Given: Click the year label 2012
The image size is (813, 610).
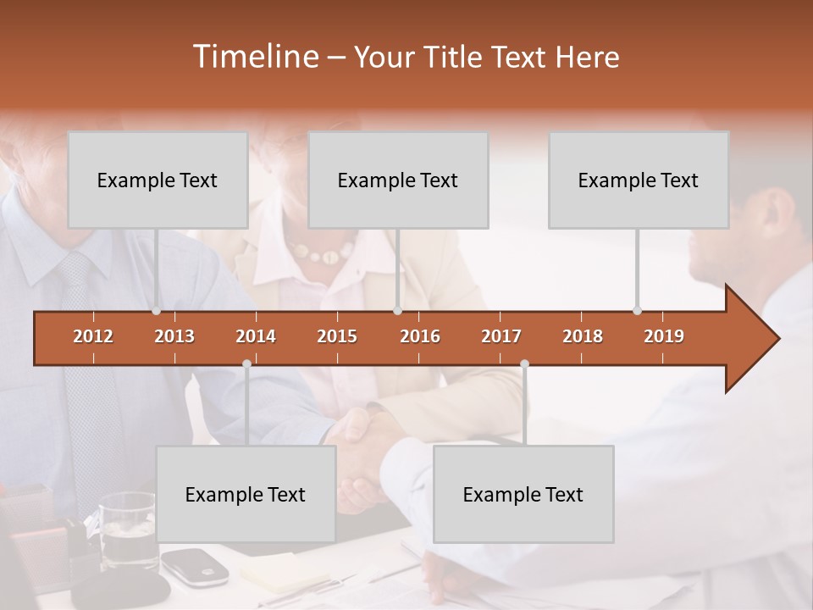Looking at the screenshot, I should click(x=93, y=336).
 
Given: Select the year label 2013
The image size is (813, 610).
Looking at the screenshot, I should click(x=174, y=336).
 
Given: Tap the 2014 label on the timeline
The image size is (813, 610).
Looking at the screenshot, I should click(x=256, y=336).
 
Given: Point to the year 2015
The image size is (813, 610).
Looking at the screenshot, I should click(x=337, y=336).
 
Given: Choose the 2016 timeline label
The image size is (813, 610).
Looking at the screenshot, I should click(x=420, y=336).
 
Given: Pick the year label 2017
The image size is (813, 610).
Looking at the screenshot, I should click(x=501, y=336).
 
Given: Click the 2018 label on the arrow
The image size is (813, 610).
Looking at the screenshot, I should click(x=583, y=336).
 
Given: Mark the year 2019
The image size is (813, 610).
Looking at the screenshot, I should click(x=664, y=336).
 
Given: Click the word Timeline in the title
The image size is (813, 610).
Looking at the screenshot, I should click(x=254, y=57).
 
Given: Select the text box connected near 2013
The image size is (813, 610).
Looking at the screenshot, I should click(x=158, y=180).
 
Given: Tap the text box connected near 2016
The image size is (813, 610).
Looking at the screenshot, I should click(x=398, y=180).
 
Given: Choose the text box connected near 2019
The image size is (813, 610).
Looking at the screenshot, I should click(x=639, y=180).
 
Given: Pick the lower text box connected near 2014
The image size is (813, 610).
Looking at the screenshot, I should click(x=246, y=494).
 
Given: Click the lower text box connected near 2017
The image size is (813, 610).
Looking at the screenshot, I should click(x=523, y=494).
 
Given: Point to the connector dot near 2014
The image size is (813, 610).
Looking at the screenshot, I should click(x=246, y=363).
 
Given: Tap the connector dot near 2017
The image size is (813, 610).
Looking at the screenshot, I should click(x=524, y=363).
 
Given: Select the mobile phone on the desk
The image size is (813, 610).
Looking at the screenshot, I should click(x=195, y=565).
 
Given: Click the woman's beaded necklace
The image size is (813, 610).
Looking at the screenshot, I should click(x=320, y=251).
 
